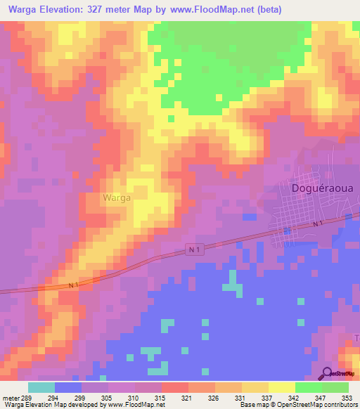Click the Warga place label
pos(116,198)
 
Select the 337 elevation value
pos(268,397)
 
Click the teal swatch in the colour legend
pos(41,387)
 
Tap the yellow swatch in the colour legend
pos(282,387)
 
